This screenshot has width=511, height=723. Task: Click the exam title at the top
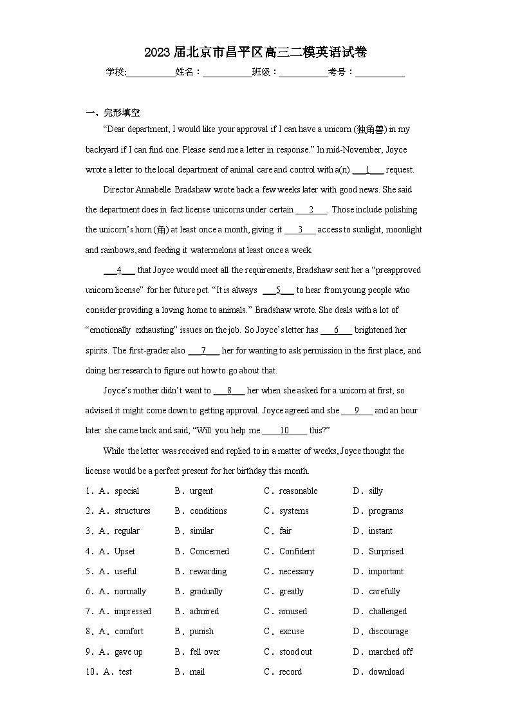(256, 52)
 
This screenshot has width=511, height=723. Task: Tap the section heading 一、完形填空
(113, 112)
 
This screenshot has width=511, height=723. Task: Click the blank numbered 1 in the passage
(367, 170)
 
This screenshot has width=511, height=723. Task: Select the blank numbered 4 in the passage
(119, 270)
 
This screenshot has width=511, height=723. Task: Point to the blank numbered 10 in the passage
(284, 431)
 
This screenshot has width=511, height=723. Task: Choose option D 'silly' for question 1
(375, 491)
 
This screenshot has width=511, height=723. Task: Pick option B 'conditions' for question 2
(208, 511)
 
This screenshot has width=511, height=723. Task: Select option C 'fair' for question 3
(285, 531)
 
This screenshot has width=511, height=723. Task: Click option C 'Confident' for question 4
(297, 552)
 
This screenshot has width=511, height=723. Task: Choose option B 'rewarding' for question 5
(208, 572)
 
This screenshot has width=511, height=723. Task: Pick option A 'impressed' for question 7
(133, 612)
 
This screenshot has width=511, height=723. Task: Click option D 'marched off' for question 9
(390, 652)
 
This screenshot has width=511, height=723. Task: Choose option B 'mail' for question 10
(197, 672)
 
